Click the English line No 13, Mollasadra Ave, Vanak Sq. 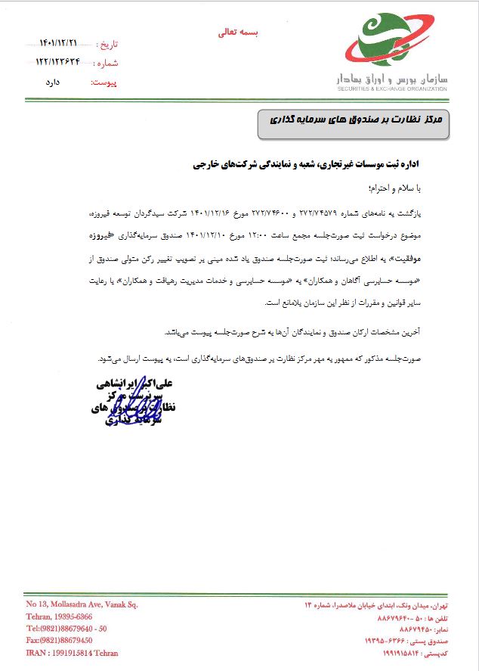pos(82,604)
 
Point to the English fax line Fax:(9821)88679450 pos(64,640)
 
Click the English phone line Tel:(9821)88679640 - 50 pos(66,629)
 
